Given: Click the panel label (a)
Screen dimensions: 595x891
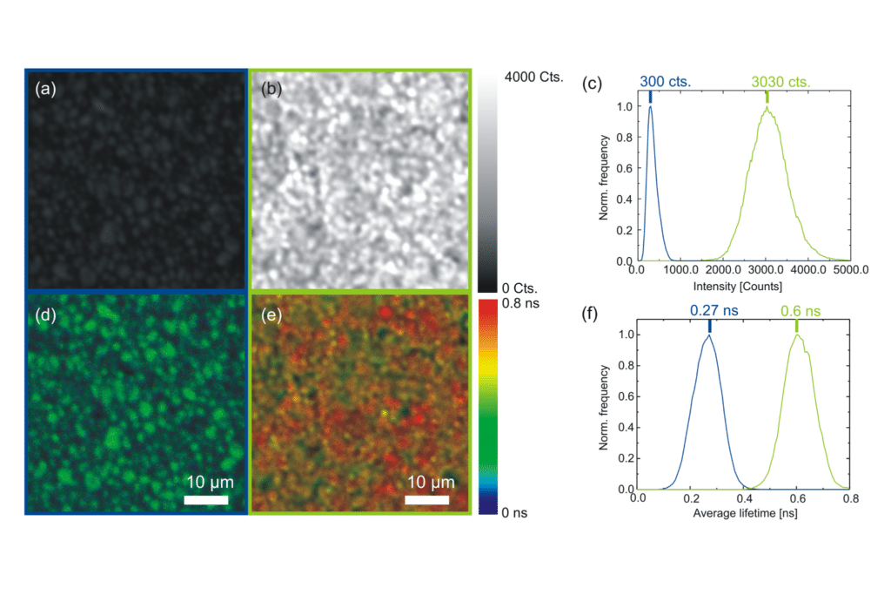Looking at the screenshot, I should [x=45, y=89].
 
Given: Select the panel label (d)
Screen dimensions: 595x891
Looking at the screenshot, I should [x=45, y=314].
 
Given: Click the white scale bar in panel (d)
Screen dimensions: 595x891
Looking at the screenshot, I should [x=207, y=500].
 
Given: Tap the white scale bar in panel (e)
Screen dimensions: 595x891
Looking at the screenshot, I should [x=427, y=500].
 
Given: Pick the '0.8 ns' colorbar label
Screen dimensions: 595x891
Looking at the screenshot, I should [x=525, y=307].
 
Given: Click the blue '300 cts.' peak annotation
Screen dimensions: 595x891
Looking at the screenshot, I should [x=666, y=82].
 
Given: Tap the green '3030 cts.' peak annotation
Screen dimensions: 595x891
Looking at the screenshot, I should [x=781, y=82].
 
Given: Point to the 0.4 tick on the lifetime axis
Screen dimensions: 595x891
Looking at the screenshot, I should [x=744, y=499].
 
